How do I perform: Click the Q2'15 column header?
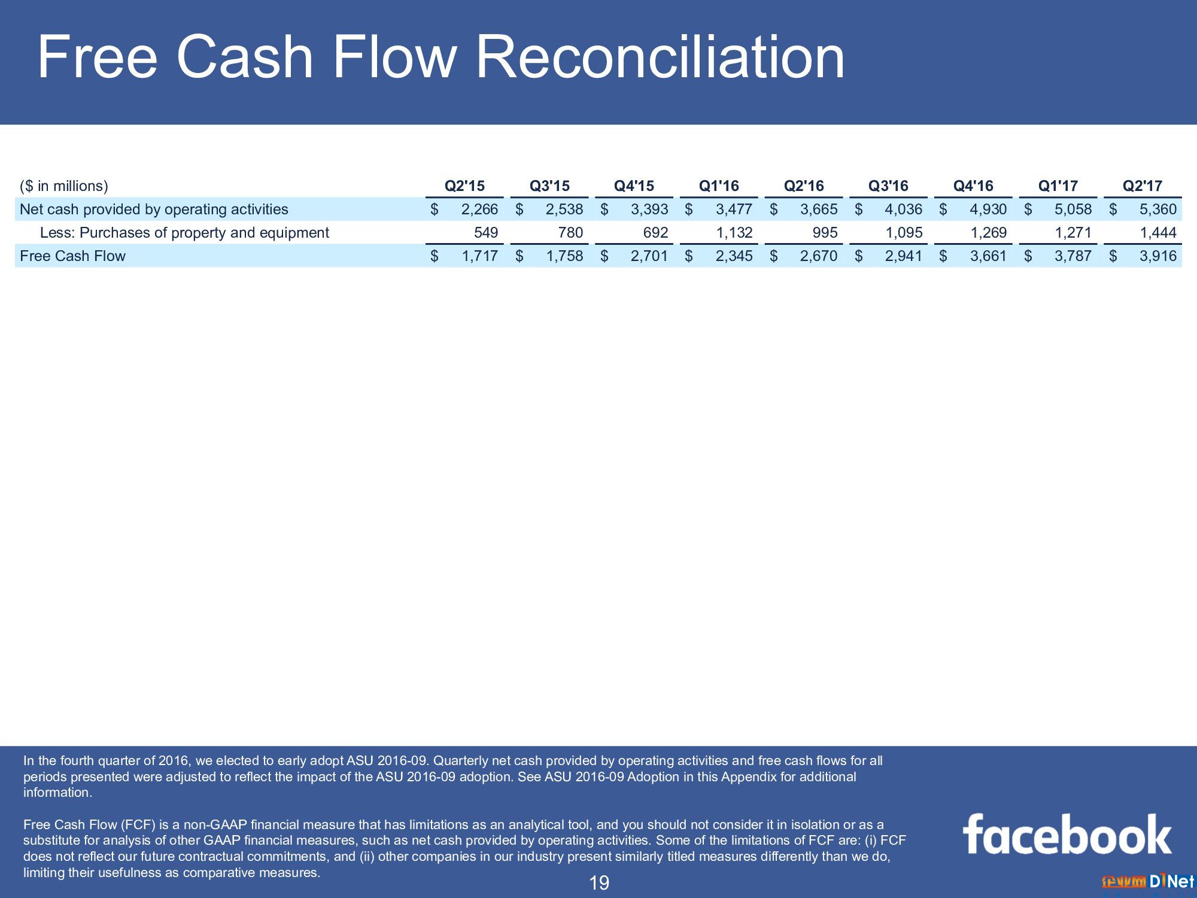point(464,186)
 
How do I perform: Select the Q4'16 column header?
point(973,186)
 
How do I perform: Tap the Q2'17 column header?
point(1143,186)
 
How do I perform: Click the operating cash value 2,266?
point(480,210)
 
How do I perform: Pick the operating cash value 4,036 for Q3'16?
point(904,210)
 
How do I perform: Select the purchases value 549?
point(486,233)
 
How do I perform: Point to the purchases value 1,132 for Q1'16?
point(734,233)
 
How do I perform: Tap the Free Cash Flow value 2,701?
point(649,256)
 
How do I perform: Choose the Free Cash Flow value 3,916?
point(1158,256)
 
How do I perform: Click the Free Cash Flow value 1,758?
point(564,256)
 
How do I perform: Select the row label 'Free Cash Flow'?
point(72,256)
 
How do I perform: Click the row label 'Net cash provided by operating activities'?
point(154,210)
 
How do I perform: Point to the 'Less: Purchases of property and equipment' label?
point(184,233)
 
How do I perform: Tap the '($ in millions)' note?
point(64,186)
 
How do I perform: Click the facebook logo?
point(1067,833)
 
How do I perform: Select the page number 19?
point(599,882)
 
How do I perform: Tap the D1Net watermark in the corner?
point(1148,881)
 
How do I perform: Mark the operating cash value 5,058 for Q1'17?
point(1073,210)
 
